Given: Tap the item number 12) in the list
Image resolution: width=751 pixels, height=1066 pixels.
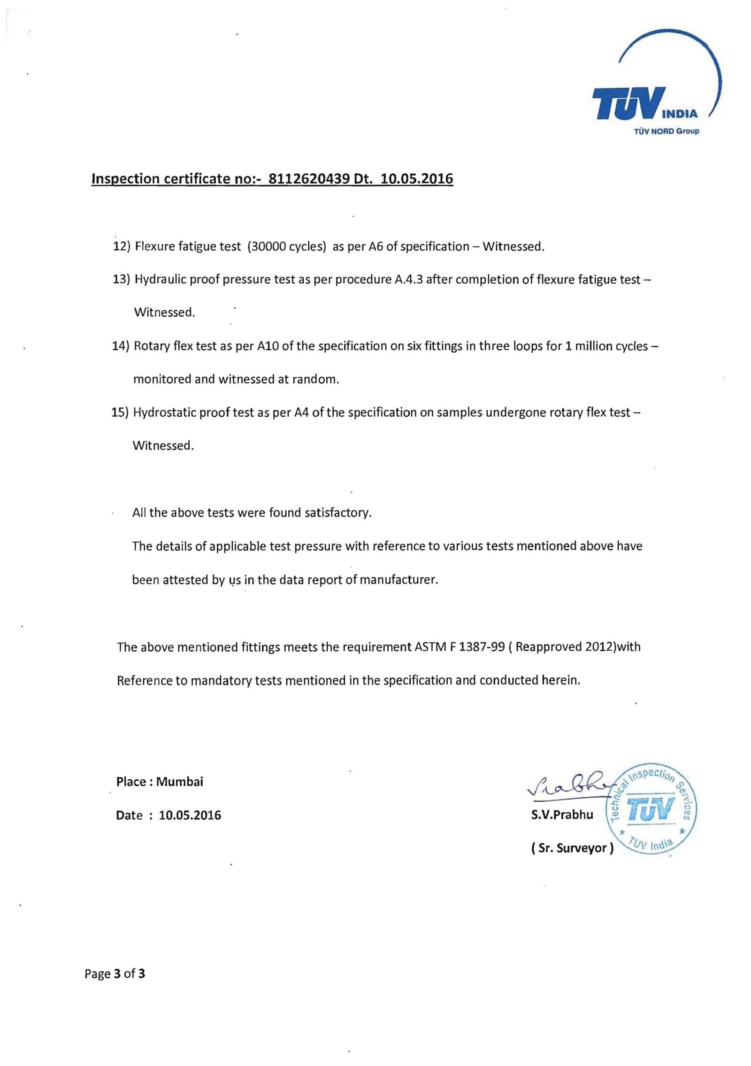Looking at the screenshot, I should click(121, 247).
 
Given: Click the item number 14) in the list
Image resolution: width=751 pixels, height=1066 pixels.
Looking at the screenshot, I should click(120, 346).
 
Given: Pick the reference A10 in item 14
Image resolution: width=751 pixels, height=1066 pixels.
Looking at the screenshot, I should click(268, 346).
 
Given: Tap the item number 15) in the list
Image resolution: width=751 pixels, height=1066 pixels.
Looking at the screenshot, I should click(120, 412).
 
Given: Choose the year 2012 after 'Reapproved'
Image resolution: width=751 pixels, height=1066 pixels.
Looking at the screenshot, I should click(600, 647).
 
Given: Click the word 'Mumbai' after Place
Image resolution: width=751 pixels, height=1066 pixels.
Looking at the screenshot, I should click(180, 782).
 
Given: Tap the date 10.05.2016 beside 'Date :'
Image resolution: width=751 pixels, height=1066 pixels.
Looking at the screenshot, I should click(190, 815).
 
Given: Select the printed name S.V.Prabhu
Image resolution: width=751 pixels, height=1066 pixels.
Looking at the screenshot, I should click(562, 815).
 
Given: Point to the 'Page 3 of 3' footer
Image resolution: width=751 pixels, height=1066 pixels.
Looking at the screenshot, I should click(115, 974).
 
